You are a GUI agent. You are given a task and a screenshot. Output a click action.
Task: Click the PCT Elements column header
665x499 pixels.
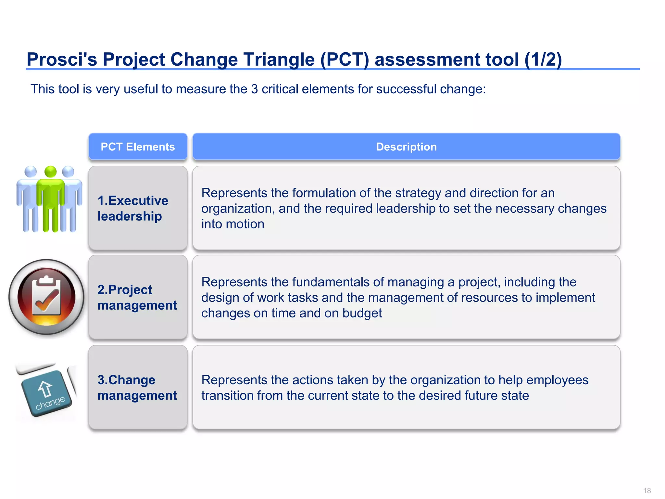tap(138, 147)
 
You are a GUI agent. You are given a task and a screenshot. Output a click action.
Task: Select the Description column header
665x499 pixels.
tap(406, 147)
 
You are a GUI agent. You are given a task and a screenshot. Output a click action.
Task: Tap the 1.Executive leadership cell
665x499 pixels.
tap(138, 208)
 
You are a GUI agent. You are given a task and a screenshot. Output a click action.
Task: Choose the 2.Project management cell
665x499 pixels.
tap(138, 297)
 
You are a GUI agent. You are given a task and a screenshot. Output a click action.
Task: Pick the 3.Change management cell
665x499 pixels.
tap(138, 387)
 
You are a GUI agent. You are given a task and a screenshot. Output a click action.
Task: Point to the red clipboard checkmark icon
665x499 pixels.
tap(46, 297)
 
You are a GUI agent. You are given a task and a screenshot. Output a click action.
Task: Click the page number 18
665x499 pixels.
tap(647, 491)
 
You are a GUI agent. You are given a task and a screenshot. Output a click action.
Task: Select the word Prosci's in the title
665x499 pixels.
tap(62, 59)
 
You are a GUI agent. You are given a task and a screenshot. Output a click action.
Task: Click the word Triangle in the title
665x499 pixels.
tap(279, 59)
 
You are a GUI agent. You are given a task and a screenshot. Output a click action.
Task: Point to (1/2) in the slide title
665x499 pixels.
tap(543, 59)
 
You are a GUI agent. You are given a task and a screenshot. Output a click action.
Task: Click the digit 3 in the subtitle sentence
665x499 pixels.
tap(254, 89)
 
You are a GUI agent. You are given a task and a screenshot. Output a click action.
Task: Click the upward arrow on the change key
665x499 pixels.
tap(45, 389)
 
